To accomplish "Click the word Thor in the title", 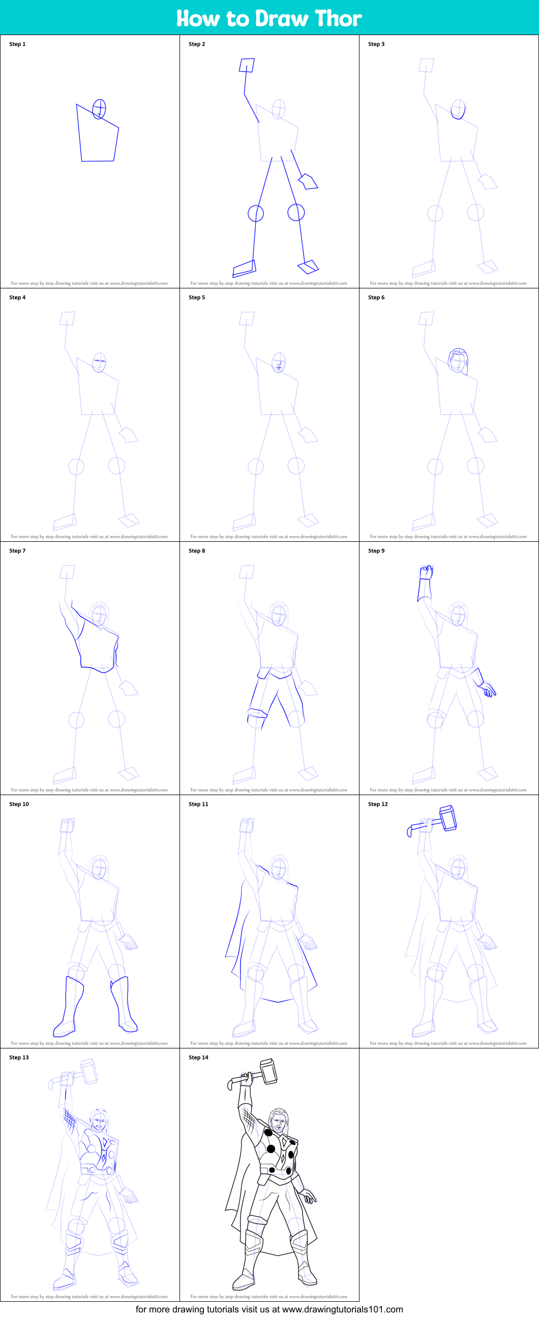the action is click(x=338, y=18).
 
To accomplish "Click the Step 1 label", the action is click(x=17, y=44).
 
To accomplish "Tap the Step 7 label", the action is click(x=17, y=551).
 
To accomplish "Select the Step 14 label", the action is click(x=199, y=1057).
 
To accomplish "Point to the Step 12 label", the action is click(x=378, y=804).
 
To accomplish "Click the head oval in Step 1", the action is click(x=99, y=109).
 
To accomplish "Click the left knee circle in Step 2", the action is click(x=256, y=213).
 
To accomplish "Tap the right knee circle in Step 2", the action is click(x=296, y=212).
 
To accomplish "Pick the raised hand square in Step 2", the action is click(x=247, y=65).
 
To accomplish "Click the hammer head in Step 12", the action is click(x=448, y=818).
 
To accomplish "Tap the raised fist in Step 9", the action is click(x=427, y=572).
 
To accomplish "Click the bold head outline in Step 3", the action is click(x=458, y=109).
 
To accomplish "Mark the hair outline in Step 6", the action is click(x=458, y=361).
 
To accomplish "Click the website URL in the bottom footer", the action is click(x=342, y=1309).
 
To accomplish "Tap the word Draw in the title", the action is click(x=282, y=18).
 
